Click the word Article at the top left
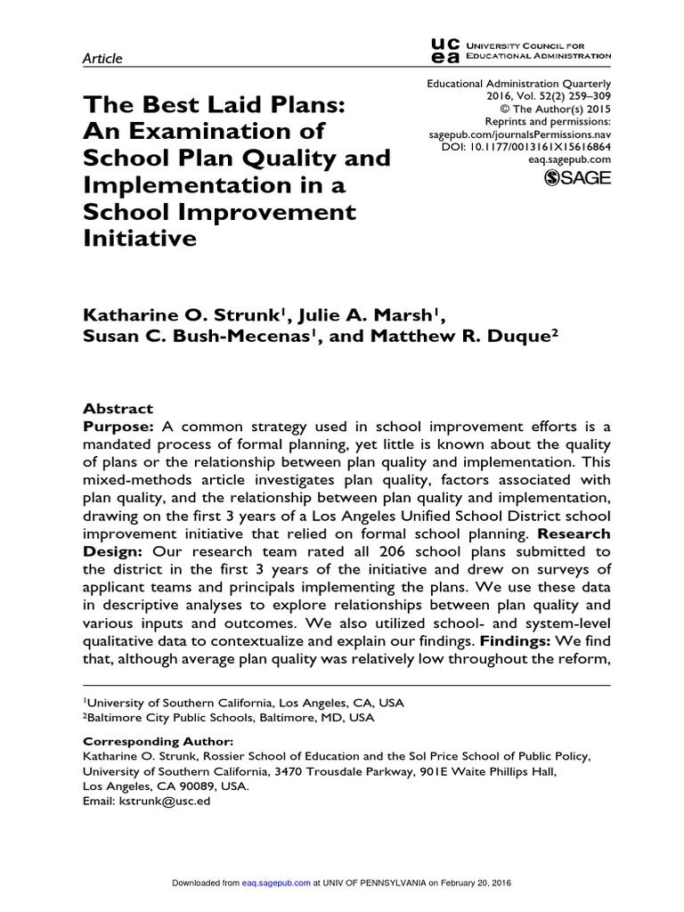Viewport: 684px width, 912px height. pos(102,58)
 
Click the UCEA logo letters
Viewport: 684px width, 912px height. pos(444,49)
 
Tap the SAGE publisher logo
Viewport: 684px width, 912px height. pos(576,178)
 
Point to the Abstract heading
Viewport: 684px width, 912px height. pos(118,409)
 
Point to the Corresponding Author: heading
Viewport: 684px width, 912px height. pos(158,741)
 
